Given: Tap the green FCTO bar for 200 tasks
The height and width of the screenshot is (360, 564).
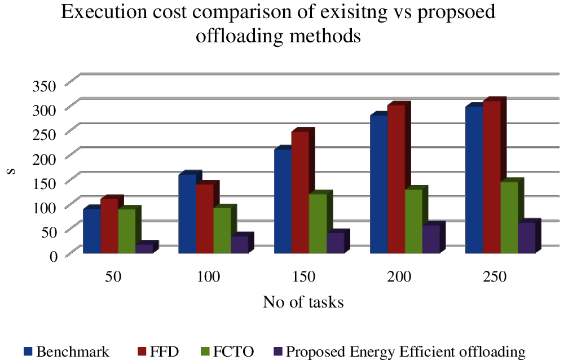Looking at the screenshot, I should pyautogui.click(x=413, y=221).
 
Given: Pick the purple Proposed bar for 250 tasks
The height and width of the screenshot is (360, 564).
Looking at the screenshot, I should pyautogui.click(x=526, y=238).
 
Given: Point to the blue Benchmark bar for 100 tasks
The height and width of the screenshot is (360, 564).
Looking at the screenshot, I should pyautogui.click(x=187, y=214).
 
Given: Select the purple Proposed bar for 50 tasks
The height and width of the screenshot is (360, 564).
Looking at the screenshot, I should pyautogui.click(x=144, y=249).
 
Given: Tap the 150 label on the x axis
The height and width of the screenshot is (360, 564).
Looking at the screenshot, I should pyautogui.click(x=304, y=277).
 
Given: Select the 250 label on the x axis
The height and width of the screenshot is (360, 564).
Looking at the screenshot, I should pyautogui.click(x=495, y=277).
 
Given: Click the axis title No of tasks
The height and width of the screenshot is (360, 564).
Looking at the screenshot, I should pyautogui.click(x=303, y=302).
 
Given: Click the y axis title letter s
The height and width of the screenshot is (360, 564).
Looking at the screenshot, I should pyautogui.click(x=10, y=169).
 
